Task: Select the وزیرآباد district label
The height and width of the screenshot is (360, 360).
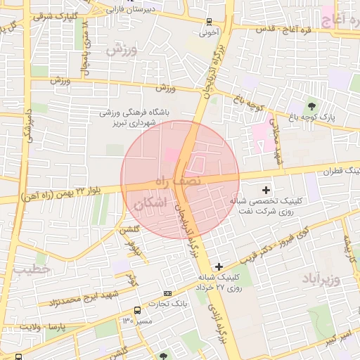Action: [321, 278]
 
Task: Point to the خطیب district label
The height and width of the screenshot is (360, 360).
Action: [32, 269]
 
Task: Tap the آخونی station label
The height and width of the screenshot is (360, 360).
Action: [210, 32]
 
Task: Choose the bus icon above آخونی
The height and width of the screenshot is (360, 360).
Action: [210, 21]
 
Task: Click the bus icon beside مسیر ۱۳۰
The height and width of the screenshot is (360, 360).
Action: [136, 310]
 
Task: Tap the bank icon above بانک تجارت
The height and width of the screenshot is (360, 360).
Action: [167, 292]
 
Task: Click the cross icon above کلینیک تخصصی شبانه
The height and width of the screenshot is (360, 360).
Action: [266, 189]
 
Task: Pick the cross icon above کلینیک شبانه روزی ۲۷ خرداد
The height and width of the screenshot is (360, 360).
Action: [219, 266]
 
